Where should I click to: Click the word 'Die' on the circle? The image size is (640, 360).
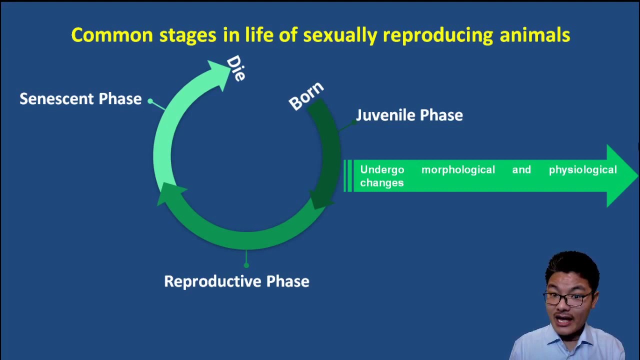pyautogui.click(x=236, y=68)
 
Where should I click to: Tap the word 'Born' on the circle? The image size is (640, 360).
pyautogui.click(x=306, y=96)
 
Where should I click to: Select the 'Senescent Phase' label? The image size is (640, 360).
pyautogui.click(x=80, y=99)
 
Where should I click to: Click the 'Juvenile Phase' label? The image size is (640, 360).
pyautogui.click(x=409, y=115)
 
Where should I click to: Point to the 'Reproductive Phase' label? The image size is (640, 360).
pyautogui.click(x=236, y=281)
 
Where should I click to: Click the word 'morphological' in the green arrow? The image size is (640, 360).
pyautogui.click(x=458, y=170)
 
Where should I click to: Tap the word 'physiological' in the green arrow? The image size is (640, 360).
pyautogui.click(x=582, y=170)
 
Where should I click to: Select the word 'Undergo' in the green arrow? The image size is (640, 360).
pyautogui.click(x=382, y=170)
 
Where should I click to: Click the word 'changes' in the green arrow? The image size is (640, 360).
pyautogui.click(x=381, y=183)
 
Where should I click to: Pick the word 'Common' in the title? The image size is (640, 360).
pyautogui.click(x=111, y=35)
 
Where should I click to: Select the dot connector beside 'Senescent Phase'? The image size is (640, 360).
pyautogui.click(x=150, y=101)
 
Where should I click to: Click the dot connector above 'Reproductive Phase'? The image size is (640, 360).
pyautogui.click(x=246, y=265)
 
